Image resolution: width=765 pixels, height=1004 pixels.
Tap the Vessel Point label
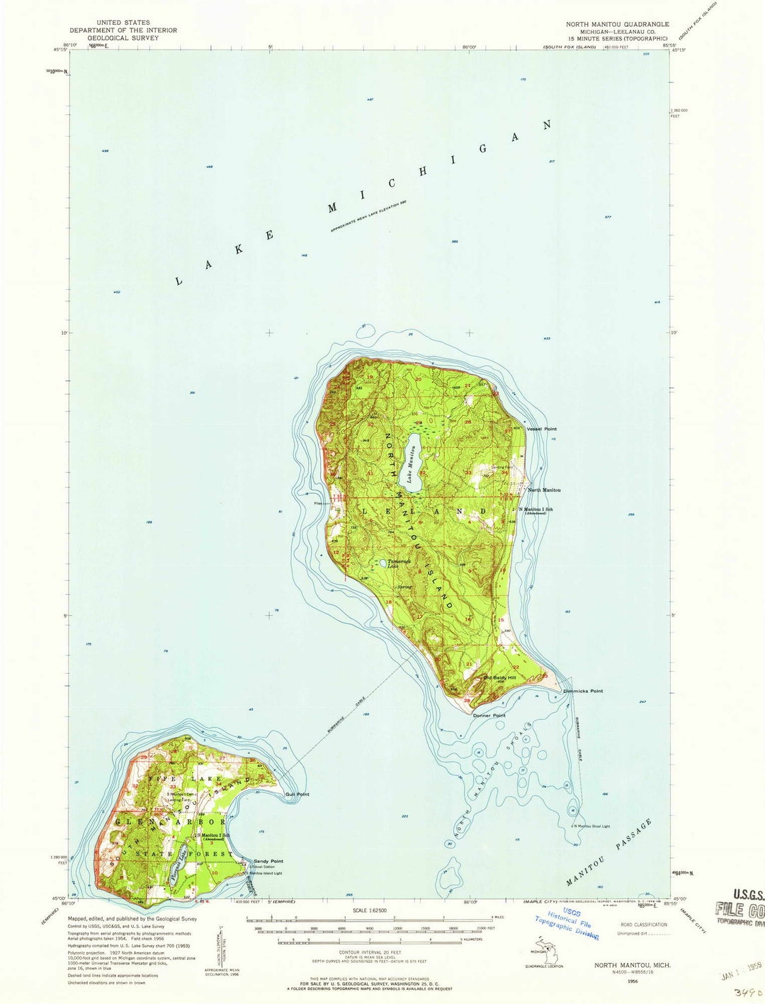click(x=541, y=429)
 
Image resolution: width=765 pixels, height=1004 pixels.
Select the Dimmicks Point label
click(x=582, y=691)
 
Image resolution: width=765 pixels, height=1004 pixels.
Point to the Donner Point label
click(x=489, y=716)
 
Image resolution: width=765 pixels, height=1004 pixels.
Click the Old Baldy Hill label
click(x=499, y=677)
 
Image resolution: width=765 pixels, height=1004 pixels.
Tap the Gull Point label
click(x=297, y=794)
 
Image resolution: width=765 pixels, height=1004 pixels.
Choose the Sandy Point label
click(x=268, y=861)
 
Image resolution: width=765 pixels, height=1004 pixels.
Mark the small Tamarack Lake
click(x=382, y=563)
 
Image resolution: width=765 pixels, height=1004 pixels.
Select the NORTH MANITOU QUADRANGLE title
click(x=617, y=24)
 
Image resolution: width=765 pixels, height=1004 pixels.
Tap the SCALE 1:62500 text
click(x=369, y=910)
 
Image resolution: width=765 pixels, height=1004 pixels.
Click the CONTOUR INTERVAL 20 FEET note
click(x=369, y=954)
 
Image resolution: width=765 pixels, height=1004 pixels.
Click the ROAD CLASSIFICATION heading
click(x=643, y=925)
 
